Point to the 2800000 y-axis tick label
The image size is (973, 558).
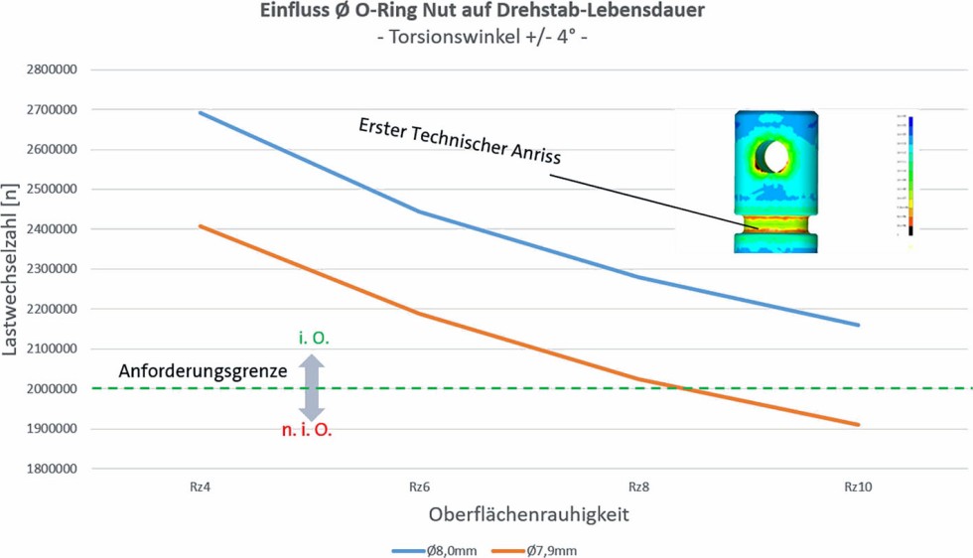(56, 70)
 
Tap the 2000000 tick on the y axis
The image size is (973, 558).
(56, 389)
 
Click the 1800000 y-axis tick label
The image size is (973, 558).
(56, 469)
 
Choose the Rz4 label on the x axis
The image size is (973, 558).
(200, 488)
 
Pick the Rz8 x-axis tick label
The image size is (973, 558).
(640, 488)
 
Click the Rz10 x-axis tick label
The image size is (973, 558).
(858, 488)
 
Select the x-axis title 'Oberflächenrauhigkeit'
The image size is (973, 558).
(528, 515)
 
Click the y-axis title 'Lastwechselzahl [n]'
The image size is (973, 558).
(12, 269)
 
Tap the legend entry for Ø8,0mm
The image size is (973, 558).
(436, 550)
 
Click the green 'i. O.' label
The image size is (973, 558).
(314, 339)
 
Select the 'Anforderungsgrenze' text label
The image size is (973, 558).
(203, 370)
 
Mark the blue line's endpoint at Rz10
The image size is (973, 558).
(859, 325)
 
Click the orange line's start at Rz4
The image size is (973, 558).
(200, 226)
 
